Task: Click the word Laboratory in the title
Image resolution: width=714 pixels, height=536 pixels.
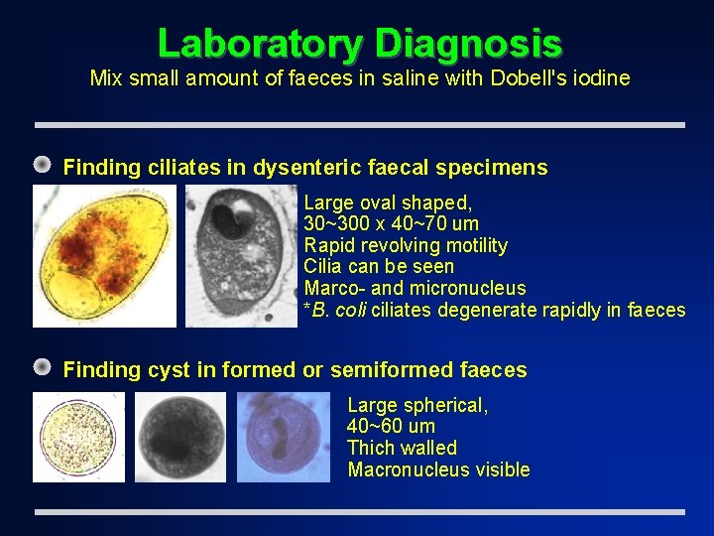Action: tap(261, 44)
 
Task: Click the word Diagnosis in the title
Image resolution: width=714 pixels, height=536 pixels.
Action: tap(469, 44)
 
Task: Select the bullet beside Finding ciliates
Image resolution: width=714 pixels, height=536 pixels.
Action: tap(43, 166)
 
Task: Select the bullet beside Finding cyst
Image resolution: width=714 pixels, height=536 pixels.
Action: tap(43, 368)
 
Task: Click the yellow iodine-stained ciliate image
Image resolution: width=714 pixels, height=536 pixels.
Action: tap(103, 256)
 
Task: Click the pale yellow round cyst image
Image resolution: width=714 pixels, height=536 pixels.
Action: tap(78, 438)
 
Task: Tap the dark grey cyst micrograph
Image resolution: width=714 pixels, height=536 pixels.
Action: tap(180, 438)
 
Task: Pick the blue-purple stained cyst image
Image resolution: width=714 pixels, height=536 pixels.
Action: tap(284, 438)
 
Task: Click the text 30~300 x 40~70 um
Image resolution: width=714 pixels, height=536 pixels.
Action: tap(391, 223)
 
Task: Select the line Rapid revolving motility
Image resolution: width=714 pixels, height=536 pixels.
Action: tap(405, 245)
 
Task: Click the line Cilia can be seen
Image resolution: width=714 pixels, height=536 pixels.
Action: tap(379, 266)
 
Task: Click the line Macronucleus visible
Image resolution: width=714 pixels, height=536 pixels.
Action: tap(438, 469)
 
